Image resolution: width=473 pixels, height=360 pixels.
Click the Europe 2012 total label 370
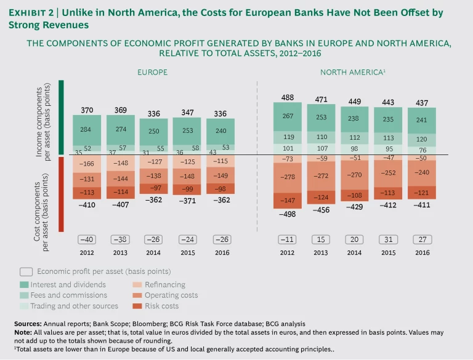87,110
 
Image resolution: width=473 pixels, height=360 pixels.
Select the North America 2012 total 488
288,97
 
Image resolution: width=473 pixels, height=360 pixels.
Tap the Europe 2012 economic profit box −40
87,240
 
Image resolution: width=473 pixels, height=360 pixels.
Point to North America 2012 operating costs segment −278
288,177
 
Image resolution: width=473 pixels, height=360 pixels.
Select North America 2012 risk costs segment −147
288,201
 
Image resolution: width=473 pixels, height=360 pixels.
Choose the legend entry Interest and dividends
71,284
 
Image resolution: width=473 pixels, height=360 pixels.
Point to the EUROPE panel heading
152,73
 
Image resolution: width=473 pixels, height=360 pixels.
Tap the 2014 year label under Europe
154,252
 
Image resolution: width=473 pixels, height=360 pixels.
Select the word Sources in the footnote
29,324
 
